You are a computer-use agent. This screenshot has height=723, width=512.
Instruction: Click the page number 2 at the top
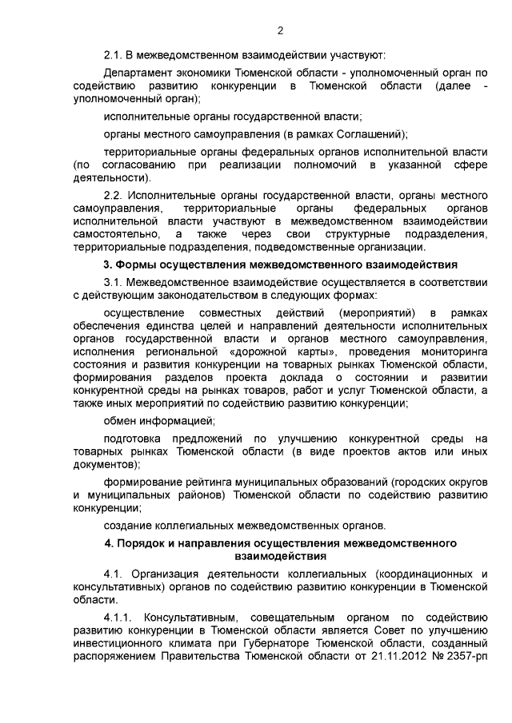coord(280,31)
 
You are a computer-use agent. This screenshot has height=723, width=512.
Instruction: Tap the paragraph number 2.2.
coord(114,195)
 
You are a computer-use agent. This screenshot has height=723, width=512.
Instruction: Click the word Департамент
coord(139,73)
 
